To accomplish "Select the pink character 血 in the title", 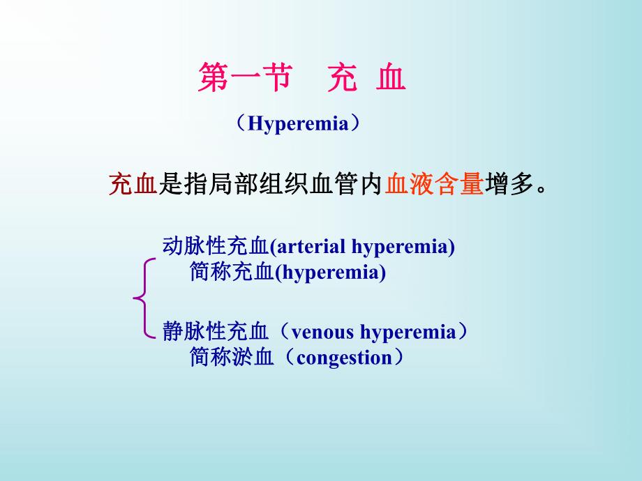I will [x=391, y=79].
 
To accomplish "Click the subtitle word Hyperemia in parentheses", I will [x=299, y=125].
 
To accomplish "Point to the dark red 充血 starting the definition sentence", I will [x=133, y=184].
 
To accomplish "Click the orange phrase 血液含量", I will [x=435, y=184].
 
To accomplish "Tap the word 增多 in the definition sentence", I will [x=509, y=184].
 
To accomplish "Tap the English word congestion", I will [x=344, y=358].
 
